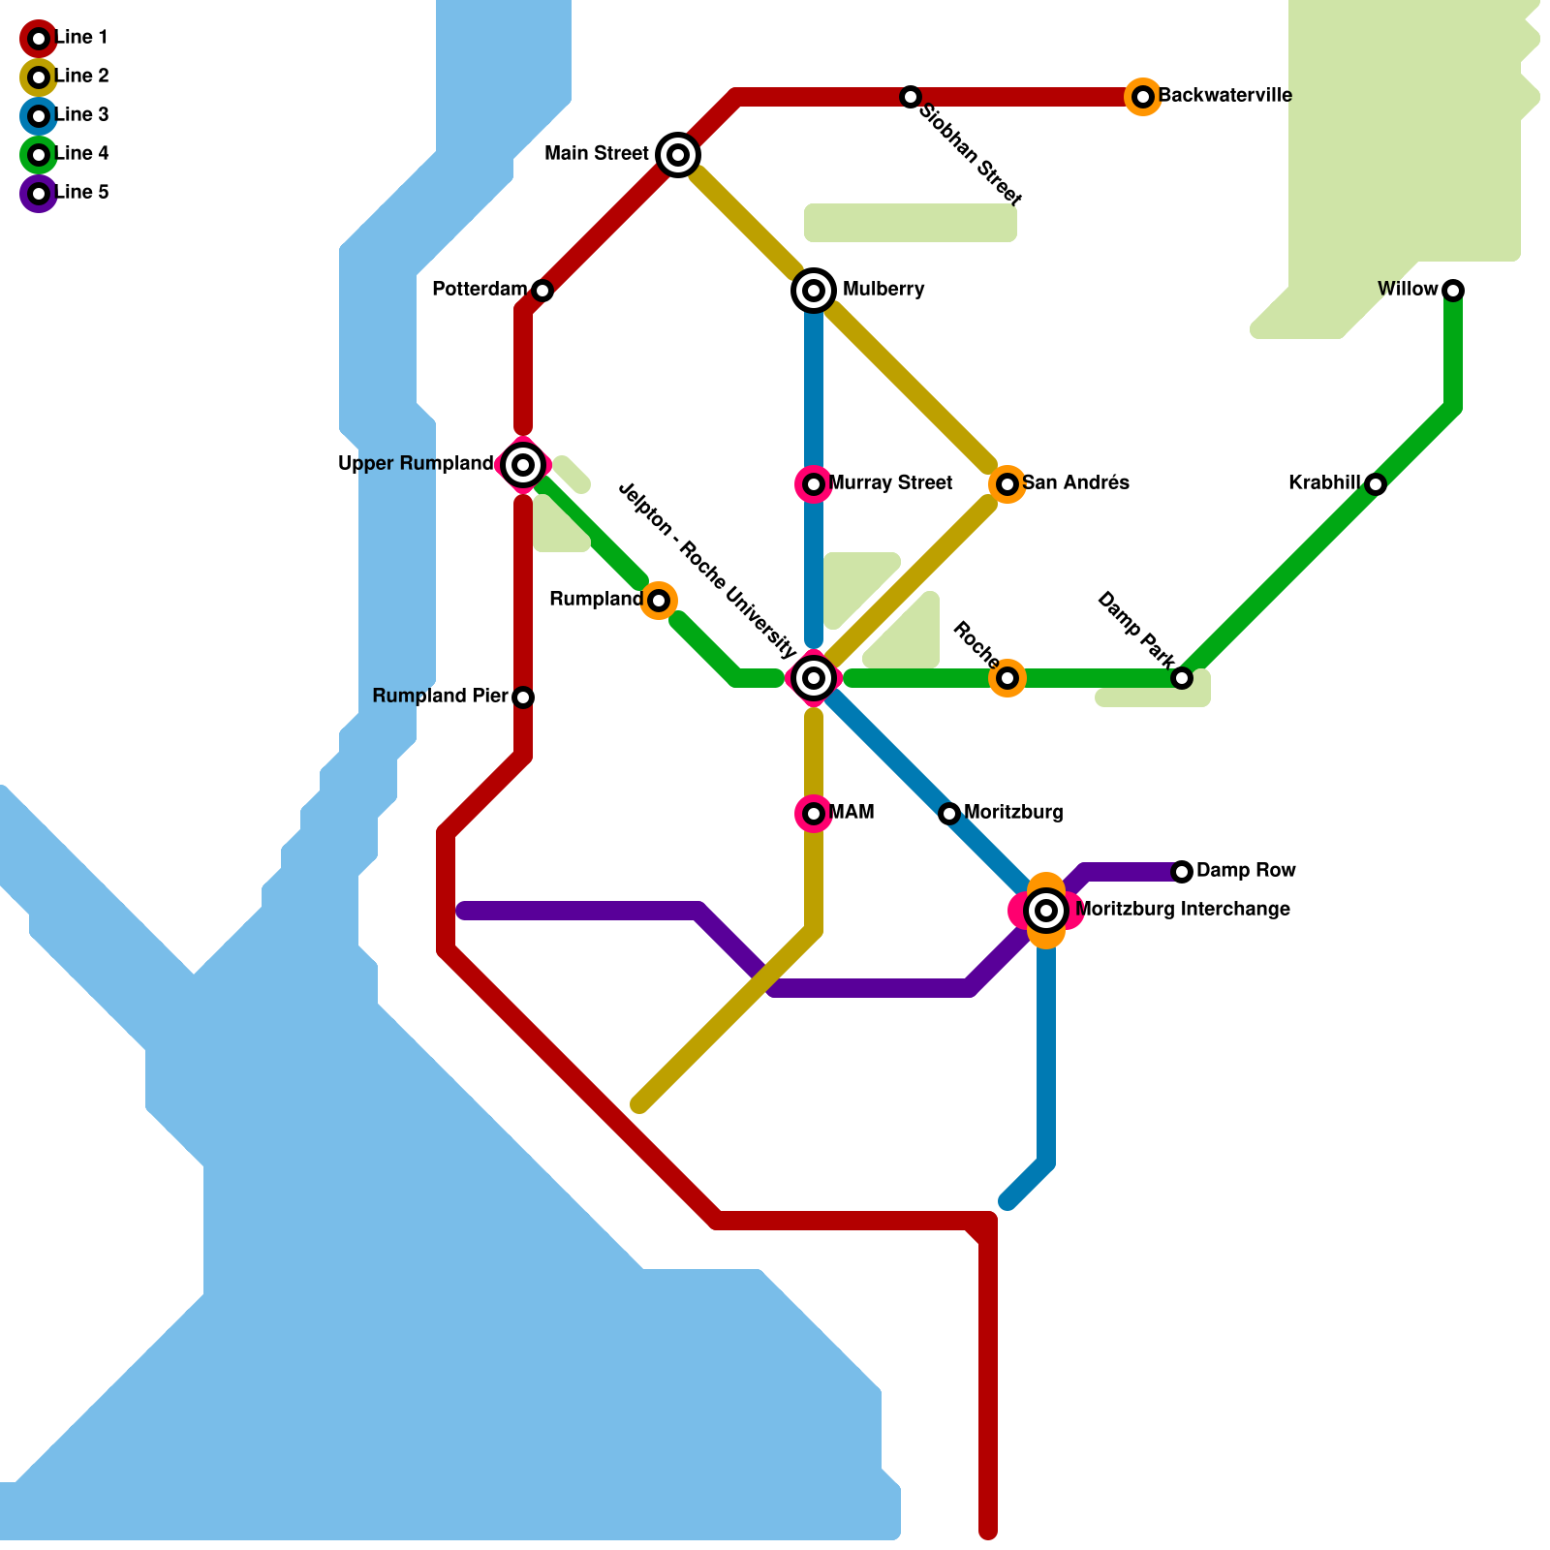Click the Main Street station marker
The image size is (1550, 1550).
pos(678,155)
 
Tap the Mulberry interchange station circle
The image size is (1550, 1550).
pos(814,291)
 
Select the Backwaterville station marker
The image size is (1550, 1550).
pos(1143,97)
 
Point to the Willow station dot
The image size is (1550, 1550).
pos(1453,291)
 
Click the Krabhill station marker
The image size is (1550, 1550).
pos(1376,484)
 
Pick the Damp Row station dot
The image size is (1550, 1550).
pos(1182,872)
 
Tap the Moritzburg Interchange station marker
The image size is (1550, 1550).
pos(1046,911)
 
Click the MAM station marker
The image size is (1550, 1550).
pos(814,814)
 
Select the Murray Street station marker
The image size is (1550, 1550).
pos(814,484)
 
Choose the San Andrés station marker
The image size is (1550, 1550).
pos(1007,484)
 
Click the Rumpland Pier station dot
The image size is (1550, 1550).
pos(523,697)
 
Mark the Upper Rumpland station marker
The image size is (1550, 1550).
pos(523,465)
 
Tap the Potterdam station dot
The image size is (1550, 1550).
pos(542,291)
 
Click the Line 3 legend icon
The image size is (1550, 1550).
pos(39,116)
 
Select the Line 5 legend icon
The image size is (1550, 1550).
pos(39,194)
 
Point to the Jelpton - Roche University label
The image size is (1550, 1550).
pos(707,571)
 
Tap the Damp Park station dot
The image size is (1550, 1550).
pos(1182,678)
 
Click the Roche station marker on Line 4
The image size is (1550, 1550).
pos(1007,678)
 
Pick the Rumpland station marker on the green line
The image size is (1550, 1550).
pos(659,601)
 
